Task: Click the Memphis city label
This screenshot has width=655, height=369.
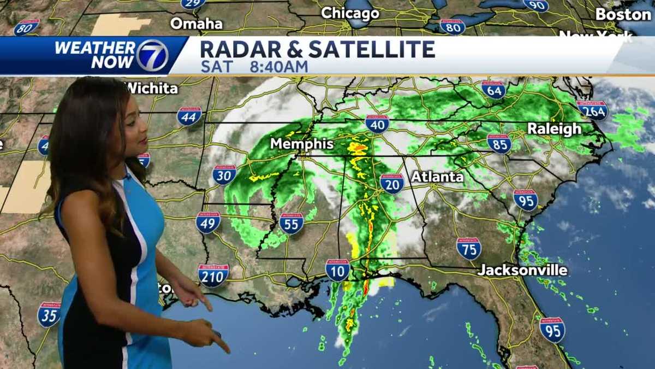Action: (x=302, y=144)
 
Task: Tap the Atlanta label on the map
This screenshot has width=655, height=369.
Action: (x=437, y=177)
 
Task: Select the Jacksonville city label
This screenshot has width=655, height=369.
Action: (x=522, y=270)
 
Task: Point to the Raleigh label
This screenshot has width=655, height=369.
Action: (x=553, y=129)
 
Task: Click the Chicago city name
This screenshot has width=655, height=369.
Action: (x=350, y=13)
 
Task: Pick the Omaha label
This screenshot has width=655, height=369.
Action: (x=196, y=24)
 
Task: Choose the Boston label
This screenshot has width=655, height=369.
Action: (x=623, y=14)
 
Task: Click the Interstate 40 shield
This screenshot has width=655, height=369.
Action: (x=377, y=124)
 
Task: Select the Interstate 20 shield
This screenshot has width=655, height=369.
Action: (x=392, y=184)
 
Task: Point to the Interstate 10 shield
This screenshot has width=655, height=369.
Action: (x=338, y=270)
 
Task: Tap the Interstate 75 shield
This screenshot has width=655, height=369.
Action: (x=469, y=249)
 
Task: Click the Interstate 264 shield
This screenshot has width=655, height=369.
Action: (x=592, y=110)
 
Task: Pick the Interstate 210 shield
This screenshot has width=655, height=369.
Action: (x=213, y=276)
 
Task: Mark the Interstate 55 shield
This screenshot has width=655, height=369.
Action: (x=291, y=223)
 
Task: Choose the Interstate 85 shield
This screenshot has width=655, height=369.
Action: (x=499, y=143)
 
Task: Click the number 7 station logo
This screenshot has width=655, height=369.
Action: (x=152, y=56)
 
